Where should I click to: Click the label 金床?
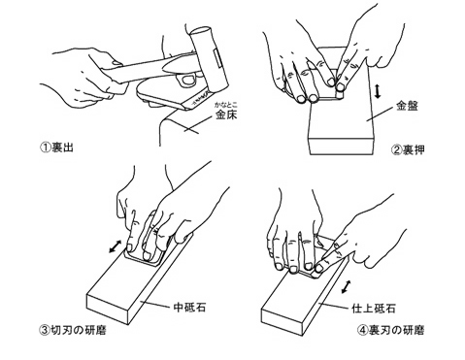coord(226,115)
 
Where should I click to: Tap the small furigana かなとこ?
coord(226,105)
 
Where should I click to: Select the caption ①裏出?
coord(57,147)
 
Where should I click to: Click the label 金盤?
coord(407,106)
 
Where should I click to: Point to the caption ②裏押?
coord(408,149)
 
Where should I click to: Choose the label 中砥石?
coord(189,307)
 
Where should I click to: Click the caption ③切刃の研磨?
coord(73,330)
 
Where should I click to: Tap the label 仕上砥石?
coord(374,309)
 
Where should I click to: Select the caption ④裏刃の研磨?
coord(391,330)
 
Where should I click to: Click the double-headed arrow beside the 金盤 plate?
coord(378,91)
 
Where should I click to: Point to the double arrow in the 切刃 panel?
coord(116,246)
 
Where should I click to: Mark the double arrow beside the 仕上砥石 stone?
coord(347,287)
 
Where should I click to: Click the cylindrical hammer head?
coord(210,60)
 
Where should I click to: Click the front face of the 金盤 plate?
coord(342,147)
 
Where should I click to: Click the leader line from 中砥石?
coord(156,304)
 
